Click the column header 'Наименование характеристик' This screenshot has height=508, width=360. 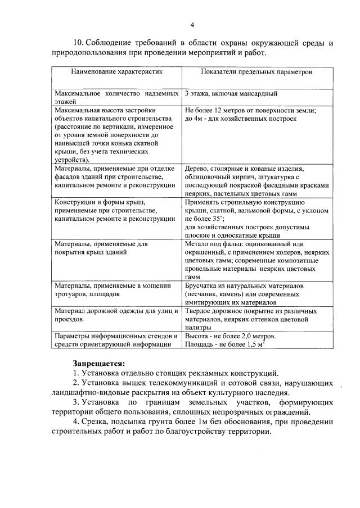point(116,72)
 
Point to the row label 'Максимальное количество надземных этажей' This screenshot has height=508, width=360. point(116,97)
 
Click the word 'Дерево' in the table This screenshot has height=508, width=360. point(197,169)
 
